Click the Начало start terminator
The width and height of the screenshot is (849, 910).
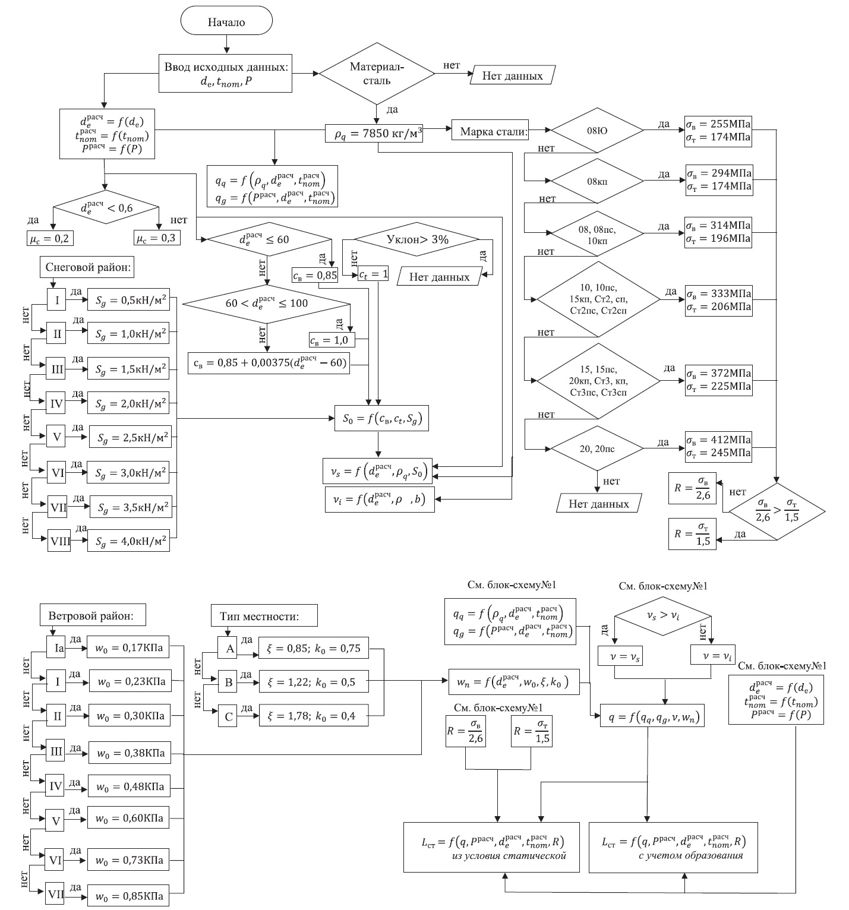pyautogui.click(x=226, y=23)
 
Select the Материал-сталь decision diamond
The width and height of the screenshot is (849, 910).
pyautogui.click(x=377, y=74)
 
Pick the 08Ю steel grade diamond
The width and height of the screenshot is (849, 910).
pyautogui.click(x=597, y=130)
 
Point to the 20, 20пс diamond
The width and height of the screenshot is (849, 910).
pyautogui.click(x=597, y=448)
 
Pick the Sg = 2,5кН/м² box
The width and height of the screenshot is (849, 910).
pyautogui.click(x=128, y=439)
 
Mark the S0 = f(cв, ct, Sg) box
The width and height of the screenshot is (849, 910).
pyautogui.click(x=381, y=418)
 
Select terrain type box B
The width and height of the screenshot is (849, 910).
pyautogui.click(x=229, y=682)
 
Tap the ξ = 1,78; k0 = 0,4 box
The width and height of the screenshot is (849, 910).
pyautogui.click(x=313, y=716)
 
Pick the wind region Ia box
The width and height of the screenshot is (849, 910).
pyautogui.click(x=58, y=648)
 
